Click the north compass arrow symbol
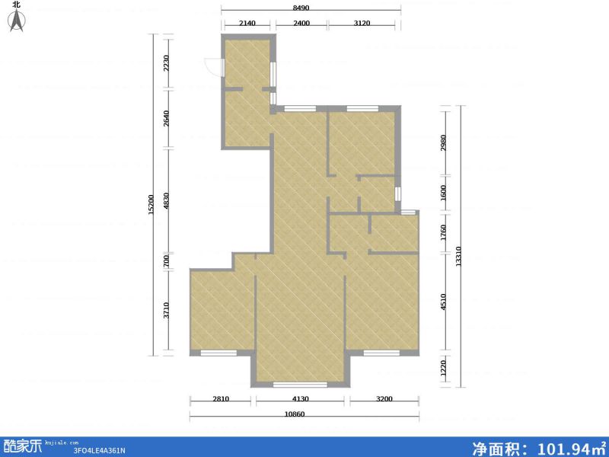pos(16,22)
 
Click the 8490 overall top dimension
pos(311,8)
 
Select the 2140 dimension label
pos(247,24)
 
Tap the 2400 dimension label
pos(301,24)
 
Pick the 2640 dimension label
pos(167,119)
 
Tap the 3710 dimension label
pos(167,311)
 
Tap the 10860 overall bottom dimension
pos(304,414)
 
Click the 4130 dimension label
pos(301,398)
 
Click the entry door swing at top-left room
pos(216,68)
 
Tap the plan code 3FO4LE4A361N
pos(99,450)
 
